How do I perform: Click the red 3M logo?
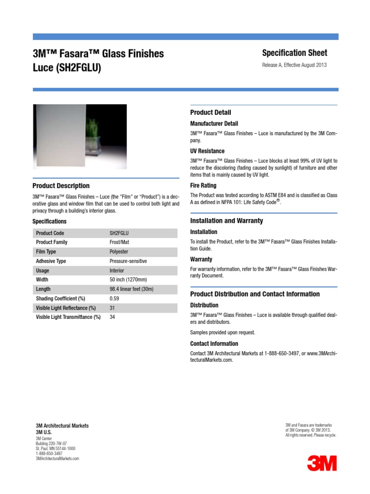(x=322, y=463)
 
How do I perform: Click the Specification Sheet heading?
(x=294, y=53)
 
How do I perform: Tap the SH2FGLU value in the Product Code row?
(x=119, y=233)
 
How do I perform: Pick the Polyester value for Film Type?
(x=119, y=252)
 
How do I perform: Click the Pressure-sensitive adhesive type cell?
(x=128, y=261)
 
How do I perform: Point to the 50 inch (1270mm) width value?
(x=129, y=280)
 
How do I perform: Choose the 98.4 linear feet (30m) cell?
(x=132, y=289)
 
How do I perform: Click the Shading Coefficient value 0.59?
(x=114, y=299)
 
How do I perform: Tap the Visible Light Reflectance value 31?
(x=112, y=308)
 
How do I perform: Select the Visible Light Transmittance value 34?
(x=112, y=317)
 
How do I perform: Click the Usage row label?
(x=42, y=271)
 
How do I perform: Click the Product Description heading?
(x=61, y=186)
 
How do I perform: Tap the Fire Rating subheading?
(x=203, y=185)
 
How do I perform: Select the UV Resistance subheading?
(x=207, y=151)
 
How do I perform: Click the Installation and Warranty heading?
(x=226, y=221)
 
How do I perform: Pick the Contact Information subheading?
(x=214, y=343)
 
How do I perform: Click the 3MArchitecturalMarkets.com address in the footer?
(x=57, y=459)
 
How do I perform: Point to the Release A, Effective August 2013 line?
(x=294, y=65)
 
